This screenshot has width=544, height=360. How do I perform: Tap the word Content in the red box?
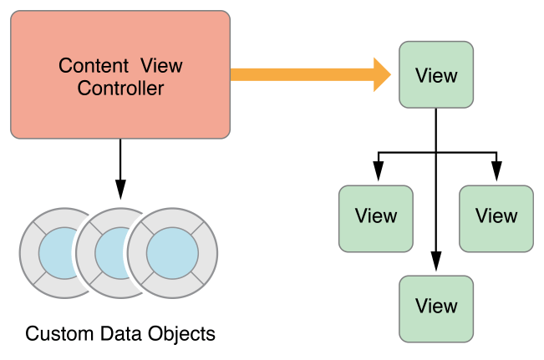[89, 65]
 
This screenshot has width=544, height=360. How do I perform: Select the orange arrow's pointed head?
[383, 75]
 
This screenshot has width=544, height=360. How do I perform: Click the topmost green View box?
[436, 76]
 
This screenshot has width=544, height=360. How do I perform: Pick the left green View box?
[375, 215]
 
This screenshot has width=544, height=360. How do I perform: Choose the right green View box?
[496, 215]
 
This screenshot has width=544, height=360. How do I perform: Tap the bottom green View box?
[436, 306]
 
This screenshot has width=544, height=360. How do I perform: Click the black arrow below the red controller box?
[120, 167]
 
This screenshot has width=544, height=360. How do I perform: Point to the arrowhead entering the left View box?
[378, 175]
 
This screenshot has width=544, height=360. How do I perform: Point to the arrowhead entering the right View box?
[496, 175]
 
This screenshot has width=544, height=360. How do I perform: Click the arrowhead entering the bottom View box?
[436, 264]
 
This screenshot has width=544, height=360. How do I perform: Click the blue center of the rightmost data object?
[173, 249]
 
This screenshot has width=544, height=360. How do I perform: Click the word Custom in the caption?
[56, 335]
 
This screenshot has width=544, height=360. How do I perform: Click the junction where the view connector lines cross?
[436, 154]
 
